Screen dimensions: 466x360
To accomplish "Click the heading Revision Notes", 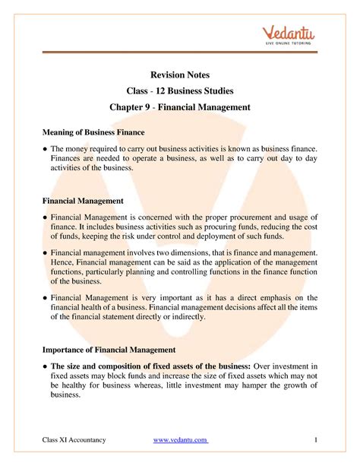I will pos(180,74).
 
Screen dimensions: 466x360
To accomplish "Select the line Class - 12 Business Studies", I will pos(180,90).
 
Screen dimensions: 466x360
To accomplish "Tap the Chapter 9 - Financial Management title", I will pos(180,107).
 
